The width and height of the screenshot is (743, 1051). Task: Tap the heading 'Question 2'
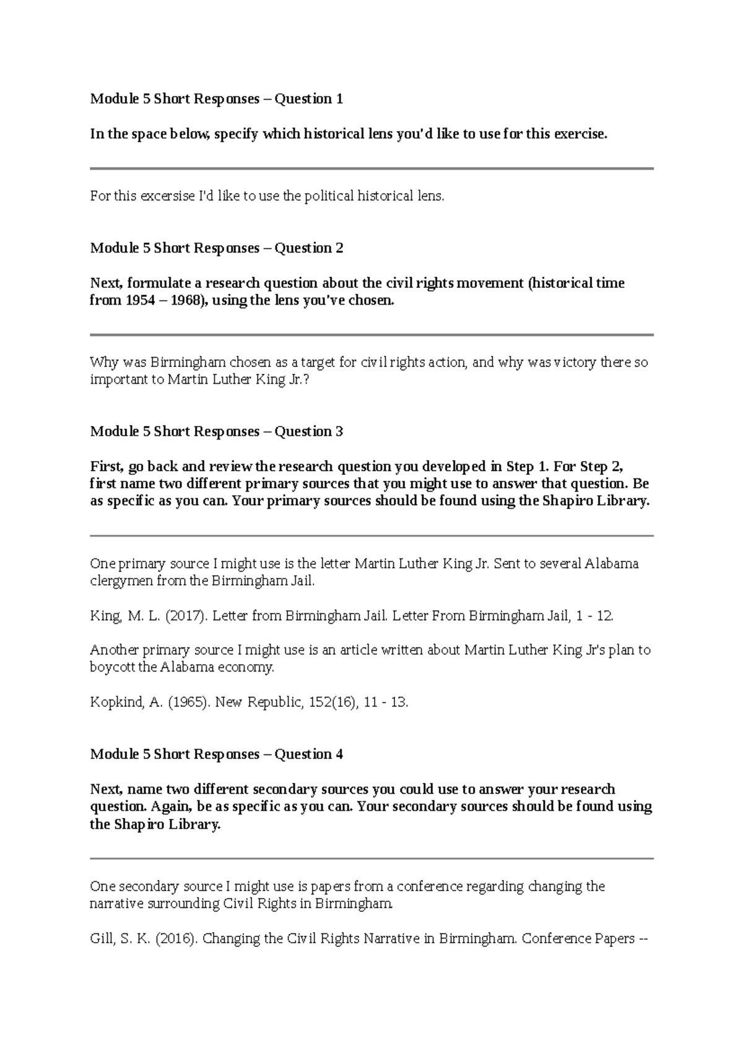pyautogui.click(x=308, y=248)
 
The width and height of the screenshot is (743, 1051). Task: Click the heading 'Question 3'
pyautogui.click(x=308, y=431)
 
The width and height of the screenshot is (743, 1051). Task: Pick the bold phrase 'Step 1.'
pyautogui.click(x=528, y=467)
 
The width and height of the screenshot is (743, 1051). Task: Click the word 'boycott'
pyautogui.click(x=112, y=668)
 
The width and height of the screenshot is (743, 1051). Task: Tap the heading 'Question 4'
pyautogui.click(x=308, y=755)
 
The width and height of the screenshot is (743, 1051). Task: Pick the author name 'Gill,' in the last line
pyautogui.click(x=103, y=938)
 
